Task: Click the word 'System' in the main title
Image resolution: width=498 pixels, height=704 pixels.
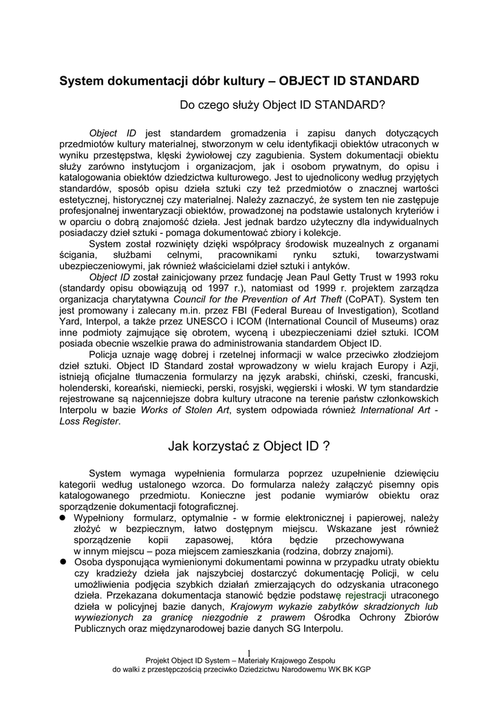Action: (x=80, y=81)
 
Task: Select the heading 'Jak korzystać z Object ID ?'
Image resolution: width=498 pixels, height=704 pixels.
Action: (x=249, y=445)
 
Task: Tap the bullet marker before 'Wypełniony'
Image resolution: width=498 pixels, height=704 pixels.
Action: (x=61, y=516)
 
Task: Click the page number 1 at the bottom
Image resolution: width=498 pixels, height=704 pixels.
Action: (x=248, y=652)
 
